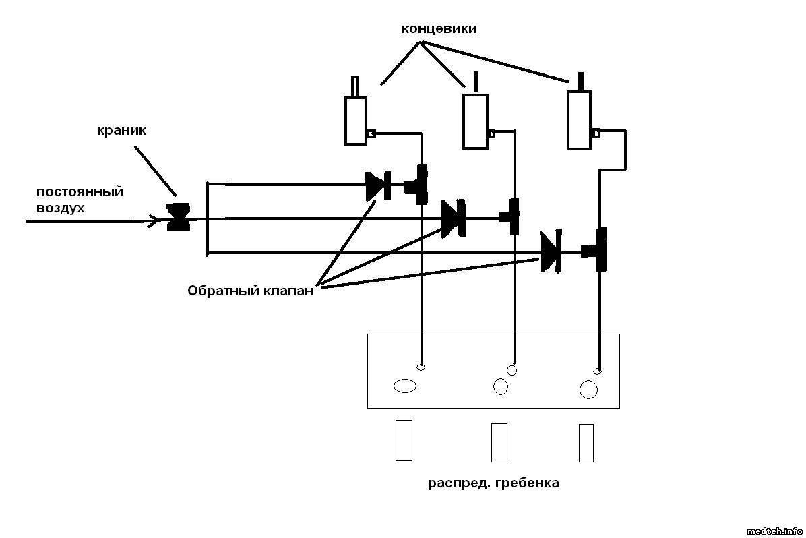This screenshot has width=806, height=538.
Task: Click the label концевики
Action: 439,29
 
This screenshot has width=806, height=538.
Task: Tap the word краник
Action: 121,131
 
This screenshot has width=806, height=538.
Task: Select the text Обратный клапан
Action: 250,291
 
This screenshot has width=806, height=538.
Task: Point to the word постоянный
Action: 80,191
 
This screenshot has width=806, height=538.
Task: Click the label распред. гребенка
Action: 493,483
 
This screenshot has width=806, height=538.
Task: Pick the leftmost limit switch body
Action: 355,121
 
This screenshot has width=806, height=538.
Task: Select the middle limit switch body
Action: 474,121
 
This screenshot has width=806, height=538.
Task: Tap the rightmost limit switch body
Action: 578,120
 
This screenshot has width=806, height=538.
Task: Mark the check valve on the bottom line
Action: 551,253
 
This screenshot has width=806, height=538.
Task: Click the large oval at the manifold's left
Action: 404,386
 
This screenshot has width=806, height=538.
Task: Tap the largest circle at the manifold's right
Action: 588,390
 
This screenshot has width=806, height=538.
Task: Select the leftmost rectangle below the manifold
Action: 403,440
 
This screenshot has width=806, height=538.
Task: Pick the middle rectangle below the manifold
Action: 499,442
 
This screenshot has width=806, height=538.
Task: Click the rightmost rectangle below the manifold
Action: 586,443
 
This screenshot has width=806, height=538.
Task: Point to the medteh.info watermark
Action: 774,530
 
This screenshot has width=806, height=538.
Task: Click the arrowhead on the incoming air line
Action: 156,220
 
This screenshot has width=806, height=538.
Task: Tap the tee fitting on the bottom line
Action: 598,251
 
